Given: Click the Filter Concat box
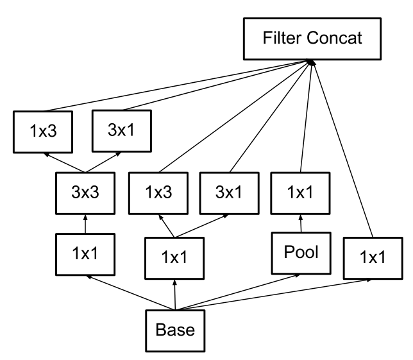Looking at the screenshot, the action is click(312, 39).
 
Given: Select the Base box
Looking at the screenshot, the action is click(175, 330).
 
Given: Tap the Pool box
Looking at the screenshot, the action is click(301, 253).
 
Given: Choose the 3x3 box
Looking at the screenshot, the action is click(85, 193).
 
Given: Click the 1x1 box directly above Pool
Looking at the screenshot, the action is click(300, 193).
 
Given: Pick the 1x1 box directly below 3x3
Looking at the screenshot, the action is click(85, 254).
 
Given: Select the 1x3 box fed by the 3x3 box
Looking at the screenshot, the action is click(43, 132).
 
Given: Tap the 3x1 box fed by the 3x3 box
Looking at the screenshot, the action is click(122, 131).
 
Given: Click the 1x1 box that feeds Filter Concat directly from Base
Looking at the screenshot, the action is click(373, 258).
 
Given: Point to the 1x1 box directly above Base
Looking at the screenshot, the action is click(174, 258).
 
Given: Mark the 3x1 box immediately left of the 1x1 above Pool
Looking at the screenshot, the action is click(229, 193).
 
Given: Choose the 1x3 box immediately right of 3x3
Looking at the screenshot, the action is click(158, 193).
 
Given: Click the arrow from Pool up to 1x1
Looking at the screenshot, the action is click(301, 223).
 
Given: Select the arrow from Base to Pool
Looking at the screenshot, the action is click(237, 292).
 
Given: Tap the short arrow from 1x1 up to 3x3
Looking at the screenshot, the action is click(85, 224).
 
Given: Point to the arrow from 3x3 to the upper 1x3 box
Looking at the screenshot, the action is click(65, 162).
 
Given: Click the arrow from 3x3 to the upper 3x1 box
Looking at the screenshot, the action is click(103, 162).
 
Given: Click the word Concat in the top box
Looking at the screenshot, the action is click(335, 38).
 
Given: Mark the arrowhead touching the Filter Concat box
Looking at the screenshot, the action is click(311, 62).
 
